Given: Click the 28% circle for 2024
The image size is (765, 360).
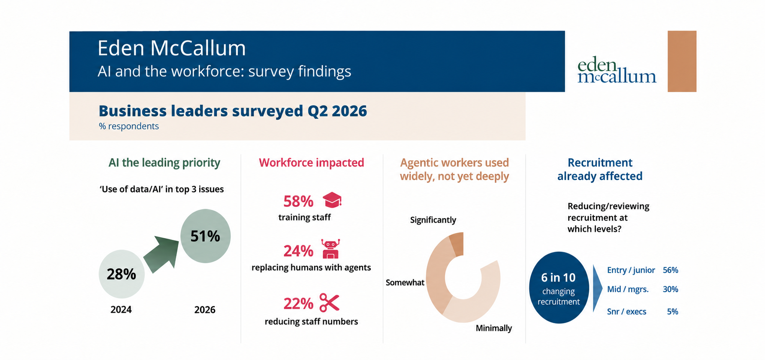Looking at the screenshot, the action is coord(122,274).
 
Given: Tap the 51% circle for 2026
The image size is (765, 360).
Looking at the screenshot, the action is coord(205,236).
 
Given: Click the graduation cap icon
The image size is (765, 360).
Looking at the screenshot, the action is coord(332,200).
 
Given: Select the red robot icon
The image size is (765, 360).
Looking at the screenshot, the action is coord(331,249).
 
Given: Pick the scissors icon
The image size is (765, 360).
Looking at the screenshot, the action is coord(329,303).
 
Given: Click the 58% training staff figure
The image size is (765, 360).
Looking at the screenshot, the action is coord(298,201).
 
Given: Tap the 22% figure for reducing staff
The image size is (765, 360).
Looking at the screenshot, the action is coord(298,303).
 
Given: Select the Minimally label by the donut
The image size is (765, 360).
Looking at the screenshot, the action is coord(494,328).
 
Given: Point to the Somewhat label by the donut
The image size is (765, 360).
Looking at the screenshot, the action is coord(405,283).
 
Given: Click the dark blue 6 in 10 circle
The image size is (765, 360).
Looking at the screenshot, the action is coord(559,288).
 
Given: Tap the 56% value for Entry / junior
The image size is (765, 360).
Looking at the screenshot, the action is coord(670,270).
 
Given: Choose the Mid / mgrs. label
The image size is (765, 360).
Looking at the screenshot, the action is coord(628,289).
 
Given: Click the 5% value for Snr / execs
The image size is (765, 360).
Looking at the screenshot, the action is coord(673,311).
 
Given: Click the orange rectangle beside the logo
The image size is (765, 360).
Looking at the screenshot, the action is coord(682,61).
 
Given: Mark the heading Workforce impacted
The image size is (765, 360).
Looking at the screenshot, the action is coord(311,162).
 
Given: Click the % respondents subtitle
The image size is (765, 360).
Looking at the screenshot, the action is coord(129,126).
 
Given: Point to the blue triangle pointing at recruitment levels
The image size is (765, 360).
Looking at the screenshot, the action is coord(598,288).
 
